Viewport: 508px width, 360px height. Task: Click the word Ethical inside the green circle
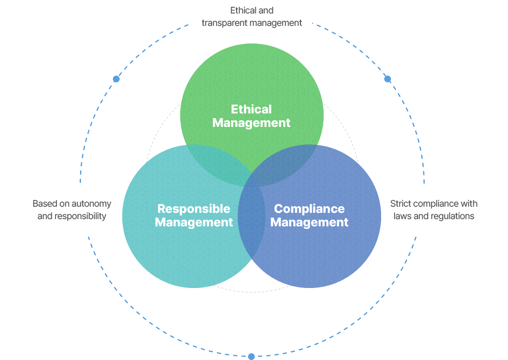(x=251, y=109)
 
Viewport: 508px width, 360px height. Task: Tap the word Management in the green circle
(x=251, y=123)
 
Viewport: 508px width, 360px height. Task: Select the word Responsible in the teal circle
(x=194, y=209)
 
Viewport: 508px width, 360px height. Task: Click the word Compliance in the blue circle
(x=309, y=209)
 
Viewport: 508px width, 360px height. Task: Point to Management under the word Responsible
(x=194, y=222)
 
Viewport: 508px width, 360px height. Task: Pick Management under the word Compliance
(x=309, y=222)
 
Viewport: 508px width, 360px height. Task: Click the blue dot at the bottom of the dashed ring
(x=251, y=356)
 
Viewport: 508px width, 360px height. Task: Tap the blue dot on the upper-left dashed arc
(x=117, y=79)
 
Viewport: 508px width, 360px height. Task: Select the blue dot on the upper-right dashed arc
(x=387, y=79)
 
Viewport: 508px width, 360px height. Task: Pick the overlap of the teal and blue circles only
(x=252, y=224)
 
